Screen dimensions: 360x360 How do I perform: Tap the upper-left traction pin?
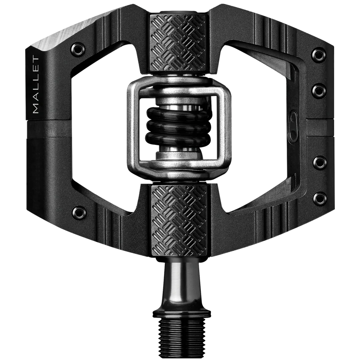coord(78,49)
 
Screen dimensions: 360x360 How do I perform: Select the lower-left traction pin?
coord(78,211)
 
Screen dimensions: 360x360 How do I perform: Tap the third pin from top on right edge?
coord(319,162)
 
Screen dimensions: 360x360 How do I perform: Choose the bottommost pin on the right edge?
coord(319,199)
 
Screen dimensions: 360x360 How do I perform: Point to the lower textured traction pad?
coord(179,220)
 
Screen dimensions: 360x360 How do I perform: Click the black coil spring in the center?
coord(178,127)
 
